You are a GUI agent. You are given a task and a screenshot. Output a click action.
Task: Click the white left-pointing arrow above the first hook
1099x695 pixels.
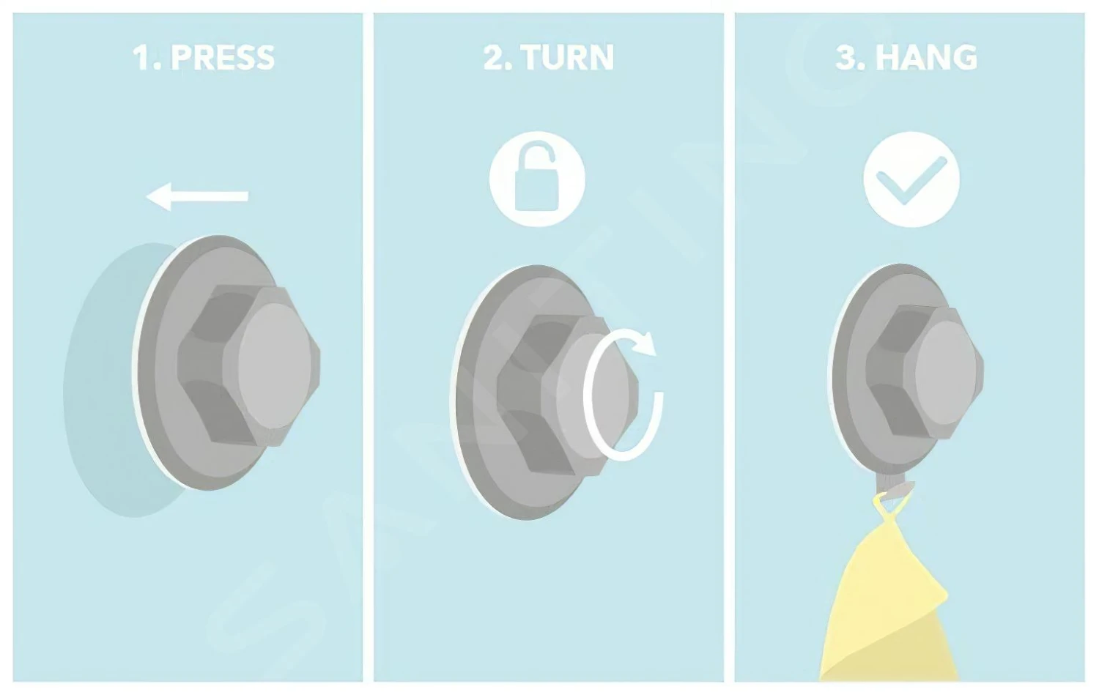click(197, 197)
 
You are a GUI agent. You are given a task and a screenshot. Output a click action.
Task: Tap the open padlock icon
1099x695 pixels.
click(537, 179)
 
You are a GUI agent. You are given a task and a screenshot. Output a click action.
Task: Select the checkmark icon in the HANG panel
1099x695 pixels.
click(911, 179)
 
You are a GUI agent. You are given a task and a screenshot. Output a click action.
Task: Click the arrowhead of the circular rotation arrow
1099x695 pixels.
click(644, 344)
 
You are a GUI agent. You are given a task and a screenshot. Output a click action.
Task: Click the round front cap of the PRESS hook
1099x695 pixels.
click(275, 366)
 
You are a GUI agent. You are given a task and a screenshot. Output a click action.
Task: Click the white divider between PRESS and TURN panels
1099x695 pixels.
click(368, 347)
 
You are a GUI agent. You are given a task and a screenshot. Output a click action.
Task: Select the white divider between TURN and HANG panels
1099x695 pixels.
click(729, 347)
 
